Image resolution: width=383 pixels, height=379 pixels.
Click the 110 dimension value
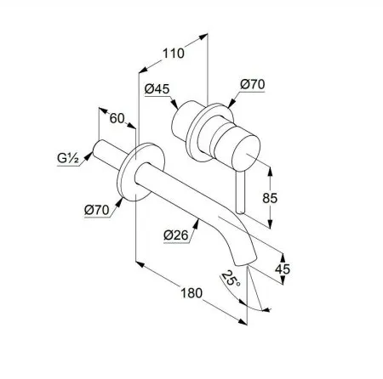[x=173, y=54]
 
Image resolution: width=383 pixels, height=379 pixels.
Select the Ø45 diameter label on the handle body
[x=157, y=89]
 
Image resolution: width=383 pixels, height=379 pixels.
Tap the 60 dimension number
[x=117, y=118]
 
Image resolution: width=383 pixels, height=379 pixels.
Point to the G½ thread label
[x=68, y=158]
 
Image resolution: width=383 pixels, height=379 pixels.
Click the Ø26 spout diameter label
[x=176, y=235]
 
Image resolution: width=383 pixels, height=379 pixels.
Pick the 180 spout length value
[x=191, y=293]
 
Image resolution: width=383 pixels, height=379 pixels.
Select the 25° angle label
[x=231, y=278]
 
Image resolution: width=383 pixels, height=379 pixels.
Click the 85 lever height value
[x=270, y=198]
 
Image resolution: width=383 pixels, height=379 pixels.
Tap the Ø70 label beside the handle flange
[x=253, y=84]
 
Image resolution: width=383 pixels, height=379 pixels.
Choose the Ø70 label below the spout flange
[x=97, y=210]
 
